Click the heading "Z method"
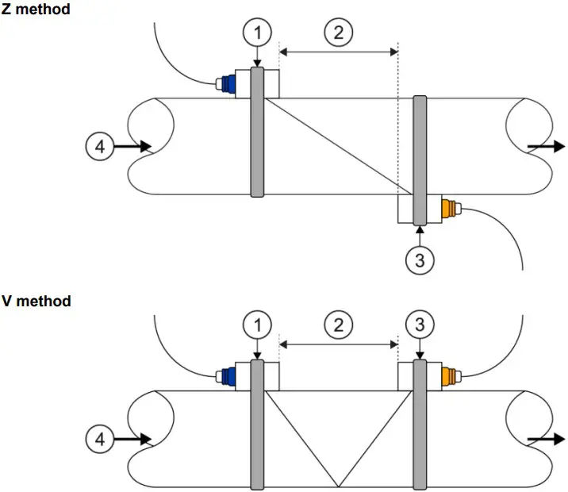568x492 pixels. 36,9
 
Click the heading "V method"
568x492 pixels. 36,301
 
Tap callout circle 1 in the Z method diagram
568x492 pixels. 257,33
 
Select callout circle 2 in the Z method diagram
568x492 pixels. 338,33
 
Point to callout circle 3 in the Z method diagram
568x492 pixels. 420,259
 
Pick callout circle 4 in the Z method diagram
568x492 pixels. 100,147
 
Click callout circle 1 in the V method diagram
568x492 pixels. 257,325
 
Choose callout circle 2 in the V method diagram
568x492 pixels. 338,325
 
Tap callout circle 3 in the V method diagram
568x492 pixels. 420,325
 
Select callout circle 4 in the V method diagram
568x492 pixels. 100,439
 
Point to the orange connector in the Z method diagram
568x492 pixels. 448,209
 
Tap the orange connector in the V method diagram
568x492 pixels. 448,375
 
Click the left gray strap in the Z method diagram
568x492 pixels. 257,133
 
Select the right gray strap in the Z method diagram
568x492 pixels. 420,160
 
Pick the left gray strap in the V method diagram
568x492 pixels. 257,425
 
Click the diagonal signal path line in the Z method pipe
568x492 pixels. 338,146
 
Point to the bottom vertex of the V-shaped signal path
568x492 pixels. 338,487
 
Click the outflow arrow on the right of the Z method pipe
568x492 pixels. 547,147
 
